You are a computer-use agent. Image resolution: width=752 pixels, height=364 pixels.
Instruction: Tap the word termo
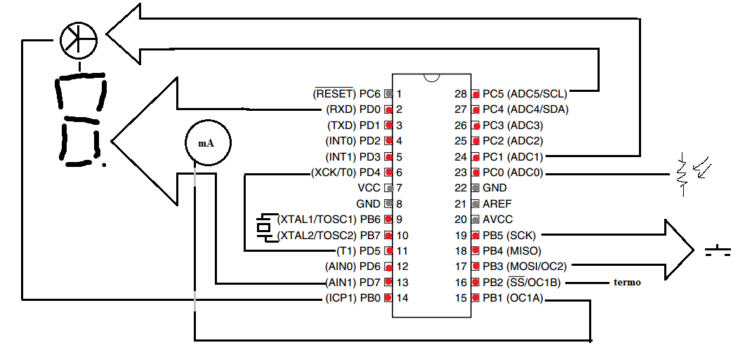[627, 282]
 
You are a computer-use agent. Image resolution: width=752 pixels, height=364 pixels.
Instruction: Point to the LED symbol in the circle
[78, 39]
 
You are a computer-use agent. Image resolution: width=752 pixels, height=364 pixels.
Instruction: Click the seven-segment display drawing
[81, 120]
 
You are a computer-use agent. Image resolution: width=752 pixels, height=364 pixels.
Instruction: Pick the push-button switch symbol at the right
[718, 250]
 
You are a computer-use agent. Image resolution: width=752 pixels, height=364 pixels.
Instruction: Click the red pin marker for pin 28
[476, 95]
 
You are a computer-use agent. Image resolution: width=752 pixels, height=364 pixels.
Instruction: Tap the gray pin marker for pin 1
[388, 94]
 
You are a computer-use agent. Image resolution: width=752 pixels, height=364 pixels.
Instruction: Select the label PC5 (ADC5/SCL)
[525, 93]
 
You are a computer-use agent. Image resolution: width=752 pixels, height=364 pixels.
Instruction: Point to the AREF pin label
[494, 203]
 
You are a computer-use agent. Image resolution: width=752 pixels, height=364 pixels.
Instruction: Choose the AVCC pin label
[497, 220]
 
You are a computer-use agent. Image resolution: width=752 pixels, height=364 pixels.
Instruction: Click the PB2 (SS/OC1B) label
[522, 283]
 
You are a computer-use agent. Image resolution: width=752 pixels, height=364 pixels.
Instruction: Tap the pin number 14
[402, 298]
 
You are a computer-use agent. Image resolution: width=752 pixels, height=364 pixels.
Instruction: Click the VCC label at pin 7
[369, 188]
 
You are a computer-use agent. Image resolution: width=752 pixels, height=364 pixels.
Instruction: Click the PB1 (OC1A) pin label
[513, 298]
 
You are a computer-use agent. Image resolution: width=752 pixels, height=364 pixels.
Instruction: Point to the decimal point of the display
[104, 166]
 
